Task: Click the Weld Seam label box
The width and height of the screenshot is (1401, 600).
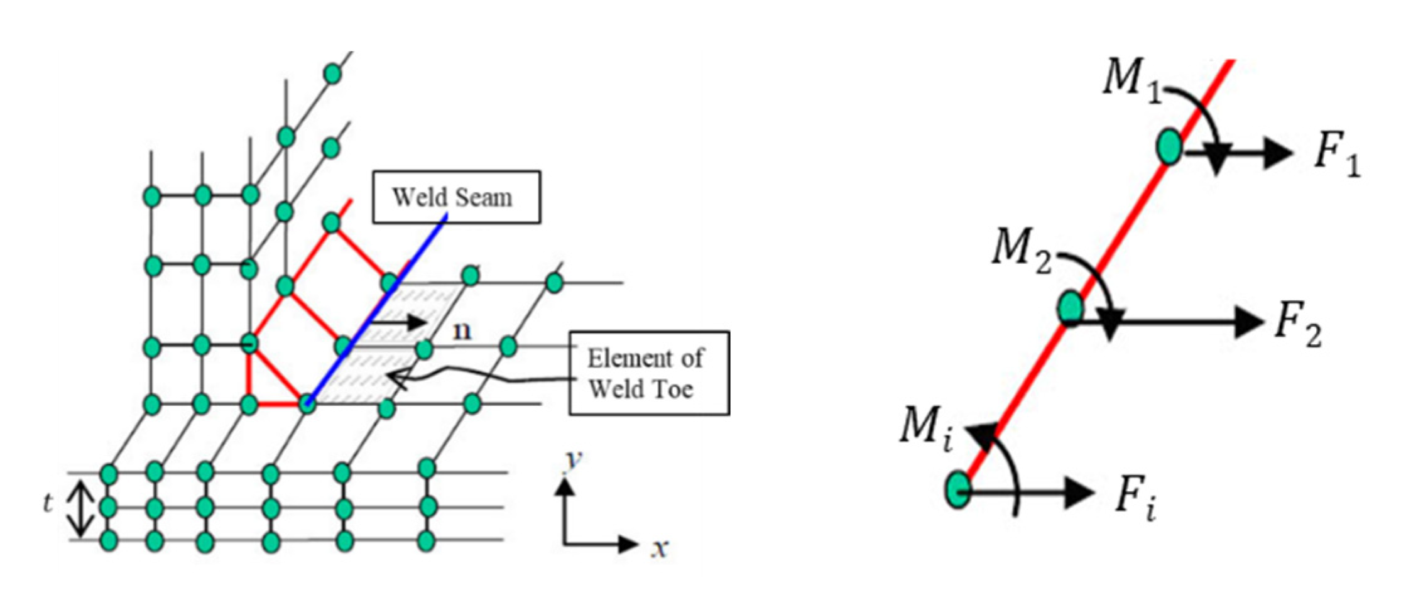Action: click(x=456, y=197)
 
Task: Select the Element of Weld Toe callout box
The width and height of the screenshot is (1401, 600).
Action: click(x=649, y=373)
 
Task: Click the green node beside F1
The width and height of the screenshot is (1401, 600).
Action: click(x=1169, y=146)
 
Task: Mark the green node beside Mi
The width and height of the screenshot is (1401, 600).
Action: click(x=958, y=489)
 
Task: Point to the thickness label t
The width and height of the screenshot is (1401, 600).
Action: click(x=48, y=503)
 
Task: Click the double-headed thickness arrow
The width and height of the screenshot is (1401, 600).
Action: click(x=81, y=506)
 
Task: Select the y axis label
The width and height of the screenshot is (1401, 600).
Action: click(x=572, y=461)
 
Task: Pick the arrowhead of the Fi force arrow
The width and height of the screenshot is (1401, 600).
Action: click(x=1081, y=491)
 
